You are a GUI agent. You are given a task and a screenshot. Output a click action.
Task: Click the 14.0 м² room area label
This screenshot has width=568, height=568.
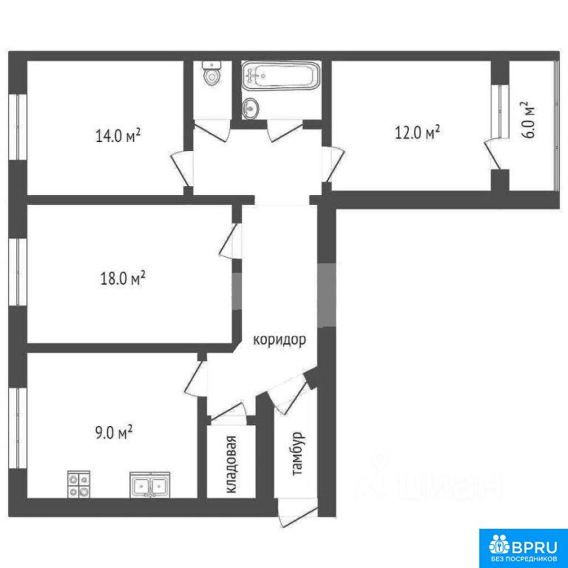click(118, 136)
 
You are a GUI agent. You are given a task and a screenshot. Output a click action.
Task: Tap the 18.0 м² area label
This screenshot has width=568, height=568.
click(123, 278)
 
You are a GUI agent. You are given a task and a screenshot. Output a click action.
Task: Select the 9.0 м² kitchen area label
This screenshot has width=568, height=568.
click(113, 432)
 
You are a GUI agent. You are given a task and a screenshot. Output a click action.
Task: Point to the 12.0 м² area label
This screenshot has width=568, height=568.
click(417, 132)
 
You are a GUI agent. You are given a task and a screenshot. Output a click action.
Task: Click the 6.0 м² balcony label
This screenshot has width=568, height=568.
click(529, 120)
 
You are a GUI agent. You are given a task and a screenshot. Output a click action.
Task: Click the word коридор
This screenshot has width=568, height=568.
click(280, 340)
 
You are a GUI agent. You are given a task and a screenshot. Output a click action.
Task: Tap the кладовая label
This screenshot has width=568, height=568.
click(231, 464)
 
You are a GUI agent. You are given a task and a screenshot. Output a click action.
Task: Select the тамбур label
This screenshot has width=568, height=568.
click(298, 453)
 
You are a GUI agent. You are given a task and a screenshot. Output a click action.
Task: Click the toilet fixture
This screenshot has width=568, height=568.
click(212, 73)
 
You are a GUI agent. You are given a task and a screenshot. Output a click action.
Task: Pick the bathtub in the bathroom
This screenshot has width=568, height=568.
click(281, 75)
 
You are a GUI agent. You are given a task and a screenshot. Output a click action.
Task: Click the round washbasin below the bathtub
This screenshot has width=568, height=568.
click(251, 108)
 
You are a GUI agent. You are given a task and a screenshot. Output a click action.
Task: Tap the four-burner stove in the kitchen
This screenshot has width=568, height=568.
click(79, 484)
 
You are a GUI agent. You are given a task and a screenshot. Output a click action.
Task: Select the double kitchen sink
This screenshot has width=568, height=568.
click(150, 484)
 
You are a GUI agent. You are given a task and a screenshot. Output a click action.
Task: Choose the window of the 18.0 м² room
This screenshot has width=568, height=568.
click(18, 271)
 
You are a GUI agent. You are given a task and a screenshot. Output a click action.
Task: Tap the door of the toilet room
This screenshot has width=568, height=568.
click(212, 129)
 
